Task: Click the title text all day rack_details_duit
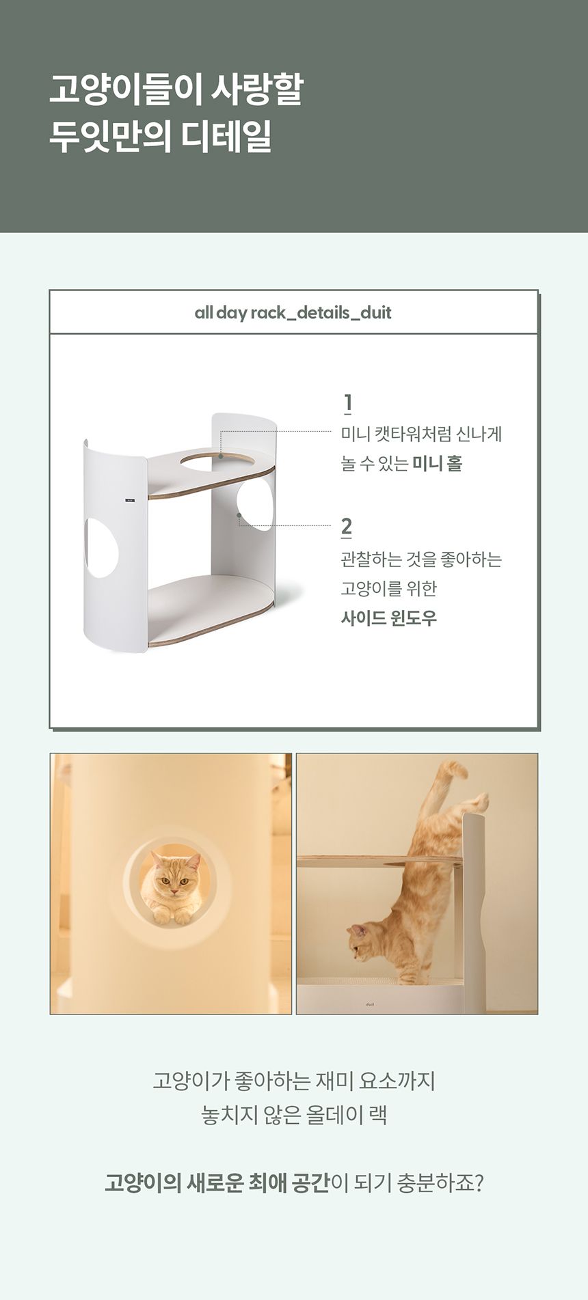(x=293, y=313)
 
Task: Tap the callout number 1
(x=348, y=403)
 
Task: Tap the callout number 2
(x=347, y=527)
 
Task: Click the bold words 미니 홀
(x=438, y=464)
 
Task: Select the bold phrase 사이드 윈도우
(x=389, y=618)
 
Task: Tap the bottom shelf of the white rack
(x=212, y=609)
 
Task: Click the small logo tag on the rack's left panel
(x=130, y=501)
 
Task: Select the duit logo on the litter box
(x=370, y=1004)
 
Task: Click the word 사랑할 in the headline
(x=257, y=89)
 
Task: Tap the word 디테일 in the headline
(x=226, y=137)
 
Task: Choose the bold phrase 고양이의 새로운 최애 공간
(x=217, y=1183)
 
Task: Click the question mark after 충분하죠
(x=478, y=1183)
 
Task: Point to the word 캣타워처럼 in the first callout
(x=414, y=434)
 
